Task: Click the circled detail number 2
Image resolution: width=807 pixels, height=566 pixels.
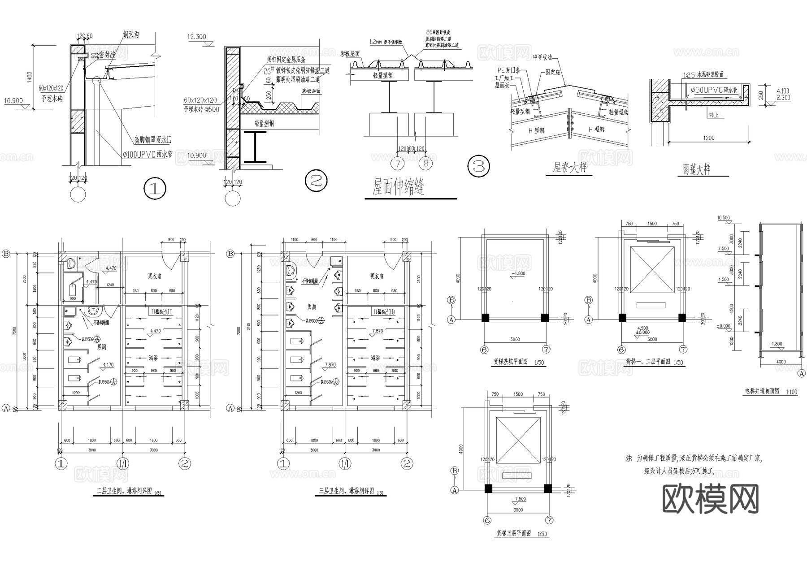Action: (x=316, y=181)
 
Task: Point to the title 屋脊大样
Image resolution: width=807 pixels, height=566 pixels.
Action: (x=570, y=168)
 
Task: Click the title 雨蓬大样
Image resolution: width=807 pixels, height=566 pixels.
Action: (x=696, y=169)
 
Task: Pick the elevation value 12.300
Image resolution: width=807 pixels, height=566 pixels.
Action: (x=197, y=37)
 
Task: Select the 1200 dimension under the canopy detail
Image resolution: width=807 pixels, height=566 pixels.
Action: (x=709, y=138)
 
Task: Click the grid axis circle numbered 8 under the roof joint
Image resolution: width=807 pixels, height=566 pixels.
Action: (x=425, y=163)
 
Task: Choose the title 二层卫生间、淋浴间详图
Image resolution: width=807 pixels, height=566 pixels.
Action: (x=125, y=491)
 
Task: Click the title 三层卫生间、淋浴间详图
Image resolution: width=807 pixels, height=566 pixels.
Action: (x=347, y=491)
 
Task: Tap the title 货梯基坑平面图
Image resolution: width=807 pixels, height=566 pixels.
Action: (x=510, y=362)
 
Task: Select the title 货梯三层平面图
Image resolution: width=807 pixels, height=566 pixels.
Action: (x=513, y=533)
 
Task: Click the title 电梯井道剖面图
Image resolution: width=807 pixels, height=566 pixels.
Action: (x=765, y=391)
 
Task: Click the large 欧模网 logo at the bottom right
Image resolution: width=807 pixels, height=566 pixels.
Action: (x=710, y=499)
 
